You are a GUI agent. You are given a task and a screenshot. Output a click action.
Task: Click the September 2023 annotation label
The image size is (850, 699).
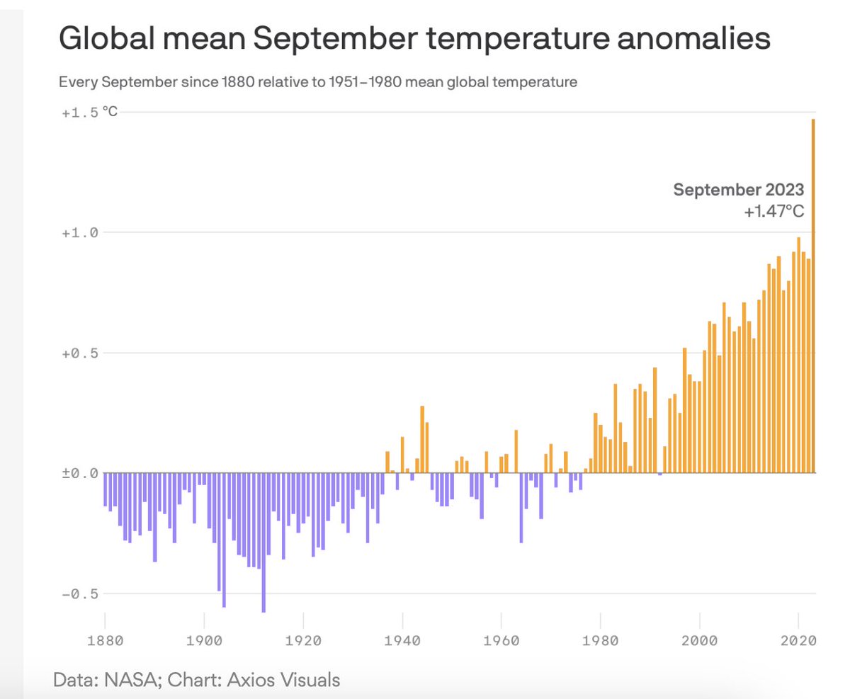[738, 190]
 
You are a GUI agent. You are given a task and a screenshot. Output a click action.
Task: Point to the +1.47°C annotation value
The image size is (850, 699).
[773, 211]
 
